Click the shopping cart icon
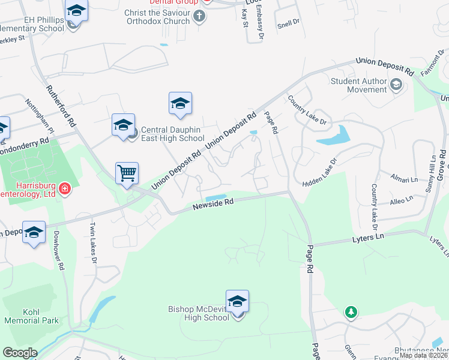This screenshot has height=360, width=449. tap(127, 173)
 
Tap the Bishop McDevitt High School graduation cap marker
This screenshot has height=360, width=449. tap(237, 301)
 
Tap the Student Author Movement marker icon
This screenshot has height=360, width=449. tap(396, 85)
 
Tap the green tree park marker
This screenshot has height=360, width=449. tap(351, 312)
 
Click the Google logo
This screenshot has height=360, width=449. tap(20, 353)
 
